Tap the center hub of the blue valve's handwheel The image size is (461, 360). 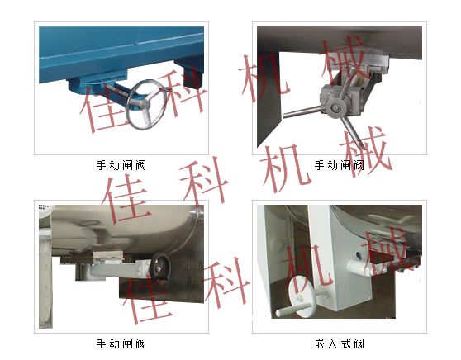point(143,103)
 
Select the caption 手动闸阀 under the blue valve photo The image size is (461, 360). point(121,165)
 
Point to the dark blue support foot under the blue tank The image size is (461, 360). point(190,73)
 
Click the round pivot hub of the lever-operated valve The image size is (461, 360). point(335,108)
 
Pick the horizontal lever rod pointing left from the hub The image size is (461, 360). point(303,112)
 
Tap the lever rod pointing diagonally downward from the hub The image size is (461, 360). point(352,131)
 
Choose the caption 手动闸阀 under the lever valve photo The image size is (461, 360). point(339,165)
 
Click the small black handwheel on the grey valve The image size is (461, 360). point(159,268)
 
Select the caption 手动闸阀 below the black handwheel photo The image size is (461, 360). point(121,343)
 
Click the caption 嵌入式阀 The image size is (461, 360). point(339,343)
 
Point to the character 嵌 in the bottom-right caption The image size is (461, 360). point(320,343)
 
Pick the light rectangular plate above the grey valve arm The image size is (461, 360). point(108,255)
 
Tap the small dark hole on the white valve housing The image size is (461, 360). point(358,254)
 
